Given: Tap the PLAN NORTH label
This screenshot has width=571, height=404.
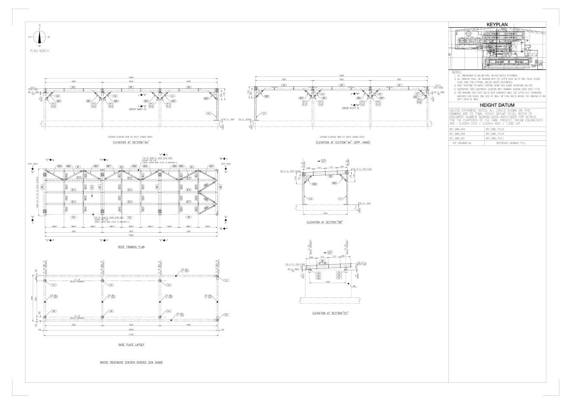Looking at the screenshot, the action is tap(39, 51).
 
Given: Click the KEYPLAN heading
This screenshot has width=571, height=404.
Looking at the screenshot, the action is tap(497, 25).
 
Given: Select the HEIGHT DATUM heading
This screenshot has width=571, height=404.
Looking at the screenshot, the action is tap(497, 105).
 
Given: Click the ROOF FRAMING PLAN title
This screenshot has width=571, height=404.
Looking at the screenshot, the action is tap(131, 247).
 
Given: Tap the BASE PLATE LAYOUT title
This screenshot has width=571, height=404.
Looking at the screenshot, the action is tap(131, 345).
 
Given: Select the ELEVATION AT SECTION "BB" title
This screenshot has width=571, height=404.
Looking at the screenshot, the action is tap(330, 223).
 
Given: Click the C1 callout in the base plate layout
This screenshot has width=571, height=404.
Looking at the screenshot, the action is tap(226, 280).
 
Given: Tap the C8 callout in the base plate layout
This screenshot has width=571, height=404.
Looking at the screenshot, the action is tap(53, 311).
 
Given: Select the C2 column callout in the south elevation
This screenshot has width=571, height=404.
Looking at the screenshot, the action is tap(208, 113).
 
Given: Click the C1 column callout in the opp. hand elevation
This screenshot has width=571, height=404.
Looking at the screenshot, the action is tap(264, 113).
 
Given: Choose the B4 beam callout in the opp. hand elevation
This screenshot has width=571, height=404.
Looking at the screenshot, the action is tap(284, 85).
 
